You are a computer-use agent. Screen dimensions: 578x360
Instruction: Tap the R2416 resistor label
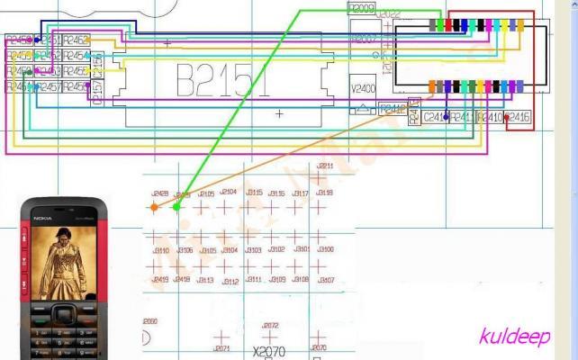tap(519, 117)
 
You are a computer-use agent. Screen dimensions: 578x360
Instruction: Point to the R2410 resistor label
tap(489, 117)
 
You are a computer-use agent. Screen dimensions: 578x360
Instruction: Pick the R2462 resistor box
tap(77, 40)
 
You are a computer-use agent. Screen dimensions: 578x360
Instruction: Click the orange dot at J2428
tap(154, 207)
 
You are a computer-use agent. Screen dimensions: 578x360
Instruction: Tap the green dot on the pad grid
tap(176, 207)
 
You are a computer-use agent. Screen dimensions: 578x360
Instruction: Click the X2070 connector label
tap(269, 351)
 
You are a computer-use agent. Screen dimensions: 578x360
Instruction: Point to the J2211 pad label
tap(324, 166)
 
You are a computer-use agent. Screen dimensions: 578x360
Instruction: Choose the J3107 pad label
tap(325, 280)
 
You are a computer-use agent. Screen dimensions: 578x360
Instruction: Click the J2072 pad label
tap(270, 326)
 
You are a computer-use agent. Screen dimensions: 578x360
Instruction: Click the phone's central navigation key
tap(63, 314)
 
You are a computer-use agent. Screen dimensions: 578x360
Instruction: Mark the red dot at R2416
tap(508, 117)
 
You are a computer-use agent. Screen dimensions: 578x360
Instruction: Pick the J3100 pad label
tap(325, 249)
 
